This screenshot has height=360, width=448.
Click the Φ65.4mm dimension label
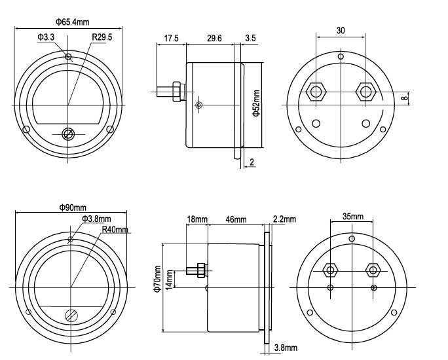click(x=72, y=22)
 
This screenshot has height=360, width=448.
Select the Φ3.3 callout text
click(x=46, y=37)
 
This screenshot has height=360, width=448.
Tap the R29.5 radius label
click(x=102, y=37)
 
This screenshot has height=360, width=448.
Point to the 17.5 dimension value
click(x=171, y=38)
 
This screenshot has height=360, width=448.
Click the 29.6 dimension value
click(x=214, y=38)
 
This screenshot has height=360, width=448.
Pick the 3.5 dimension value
click(x=251, y=38)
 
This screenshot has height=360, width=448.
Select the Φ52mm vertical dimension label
click(x=256, y=103)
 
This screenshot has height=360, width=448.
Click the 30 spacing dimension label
click(x=341, y=30)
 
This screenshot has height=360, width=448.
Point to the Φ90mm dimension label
click(x=73, y=207)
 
